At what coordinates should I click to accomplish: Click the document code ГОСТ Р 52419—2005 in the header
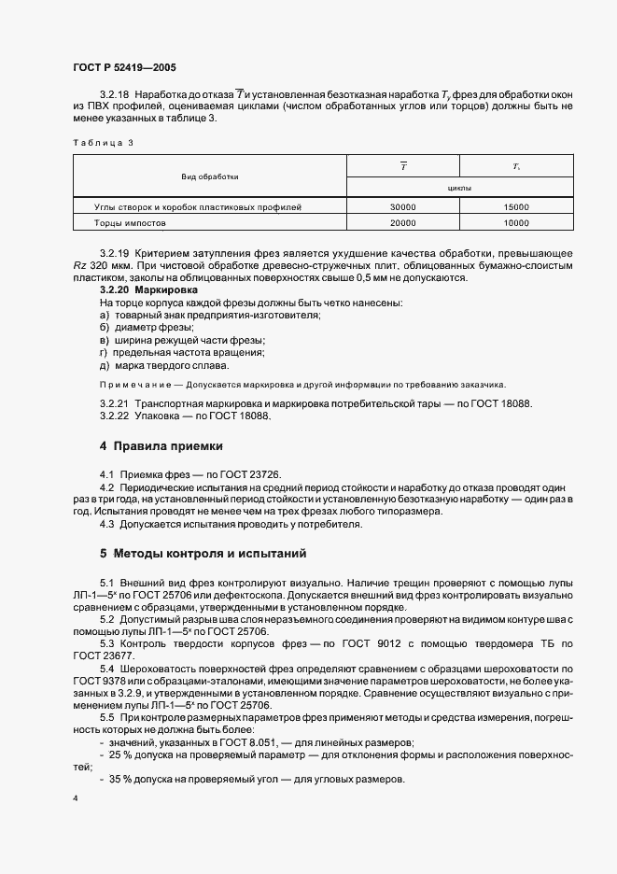click(123, 68)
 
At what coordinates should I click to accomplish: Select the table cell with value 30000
click(403, 206)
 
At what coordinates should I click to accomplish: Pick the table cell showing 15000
click(515, 206)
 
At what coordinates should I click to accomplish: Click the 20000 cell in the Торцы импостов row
click(403, 224)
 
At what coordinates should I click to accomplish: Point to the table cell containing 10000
click(515, 224)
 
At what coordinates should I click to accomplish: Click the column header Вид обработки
click(210, 176)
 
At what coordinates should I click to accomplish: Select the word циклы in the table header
click(459, 187)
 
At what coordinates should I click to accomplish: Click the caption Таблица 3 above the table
click(103, 141)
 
